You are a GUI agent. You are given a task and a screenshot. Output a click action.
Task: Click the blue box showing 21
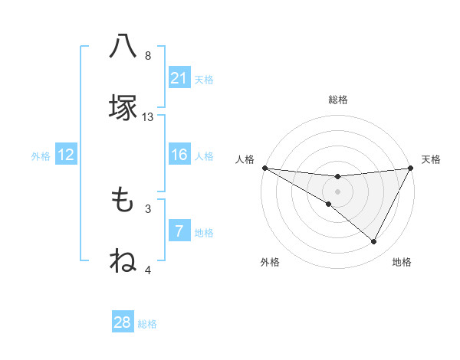(179, 78)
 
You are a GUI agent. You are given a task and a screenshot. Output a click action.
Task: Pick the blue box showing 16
(179, 155)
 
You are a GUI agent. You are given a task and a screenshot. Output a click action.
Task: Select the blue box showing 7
(179, 231)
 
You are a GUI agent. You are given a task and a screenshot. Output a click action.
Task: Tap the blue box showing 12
(66, 155)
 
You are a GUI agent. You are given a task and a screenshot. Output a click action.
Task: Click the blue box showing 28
(123, 322)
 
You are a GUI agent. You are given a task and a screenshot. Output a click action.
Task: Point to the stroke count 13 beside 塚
(148, 117)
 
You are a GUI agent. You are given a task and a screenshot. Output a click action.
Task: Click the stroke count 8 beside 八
(148, 56)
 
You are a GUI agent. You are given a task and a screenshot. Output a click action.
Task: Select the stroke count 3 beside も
(148, 208)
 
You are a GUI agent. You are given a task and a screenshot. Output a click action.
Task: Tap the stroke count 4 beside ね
(148, 270)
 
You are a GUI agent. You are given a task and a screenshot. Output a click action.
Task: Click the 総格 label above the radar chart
(337, 100)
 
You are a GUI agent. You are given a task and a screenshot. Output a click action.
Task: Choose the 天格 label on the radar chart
(431, 159)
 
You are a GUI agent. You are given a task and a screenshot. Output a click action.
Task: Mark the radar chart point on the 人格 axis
(264, 168)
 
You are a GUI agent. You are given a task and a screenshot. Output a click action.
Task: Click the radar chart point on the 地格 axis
(374, 242)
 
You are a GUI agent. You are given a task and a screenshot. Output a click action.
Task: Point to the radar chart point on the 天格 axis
(411, 168)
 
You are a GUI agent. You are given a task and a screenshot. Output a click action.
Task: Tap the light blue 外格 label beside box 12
(41, 155)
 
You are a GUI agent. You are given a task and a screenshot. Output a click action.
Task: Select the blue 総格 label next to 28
(147, 324)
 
